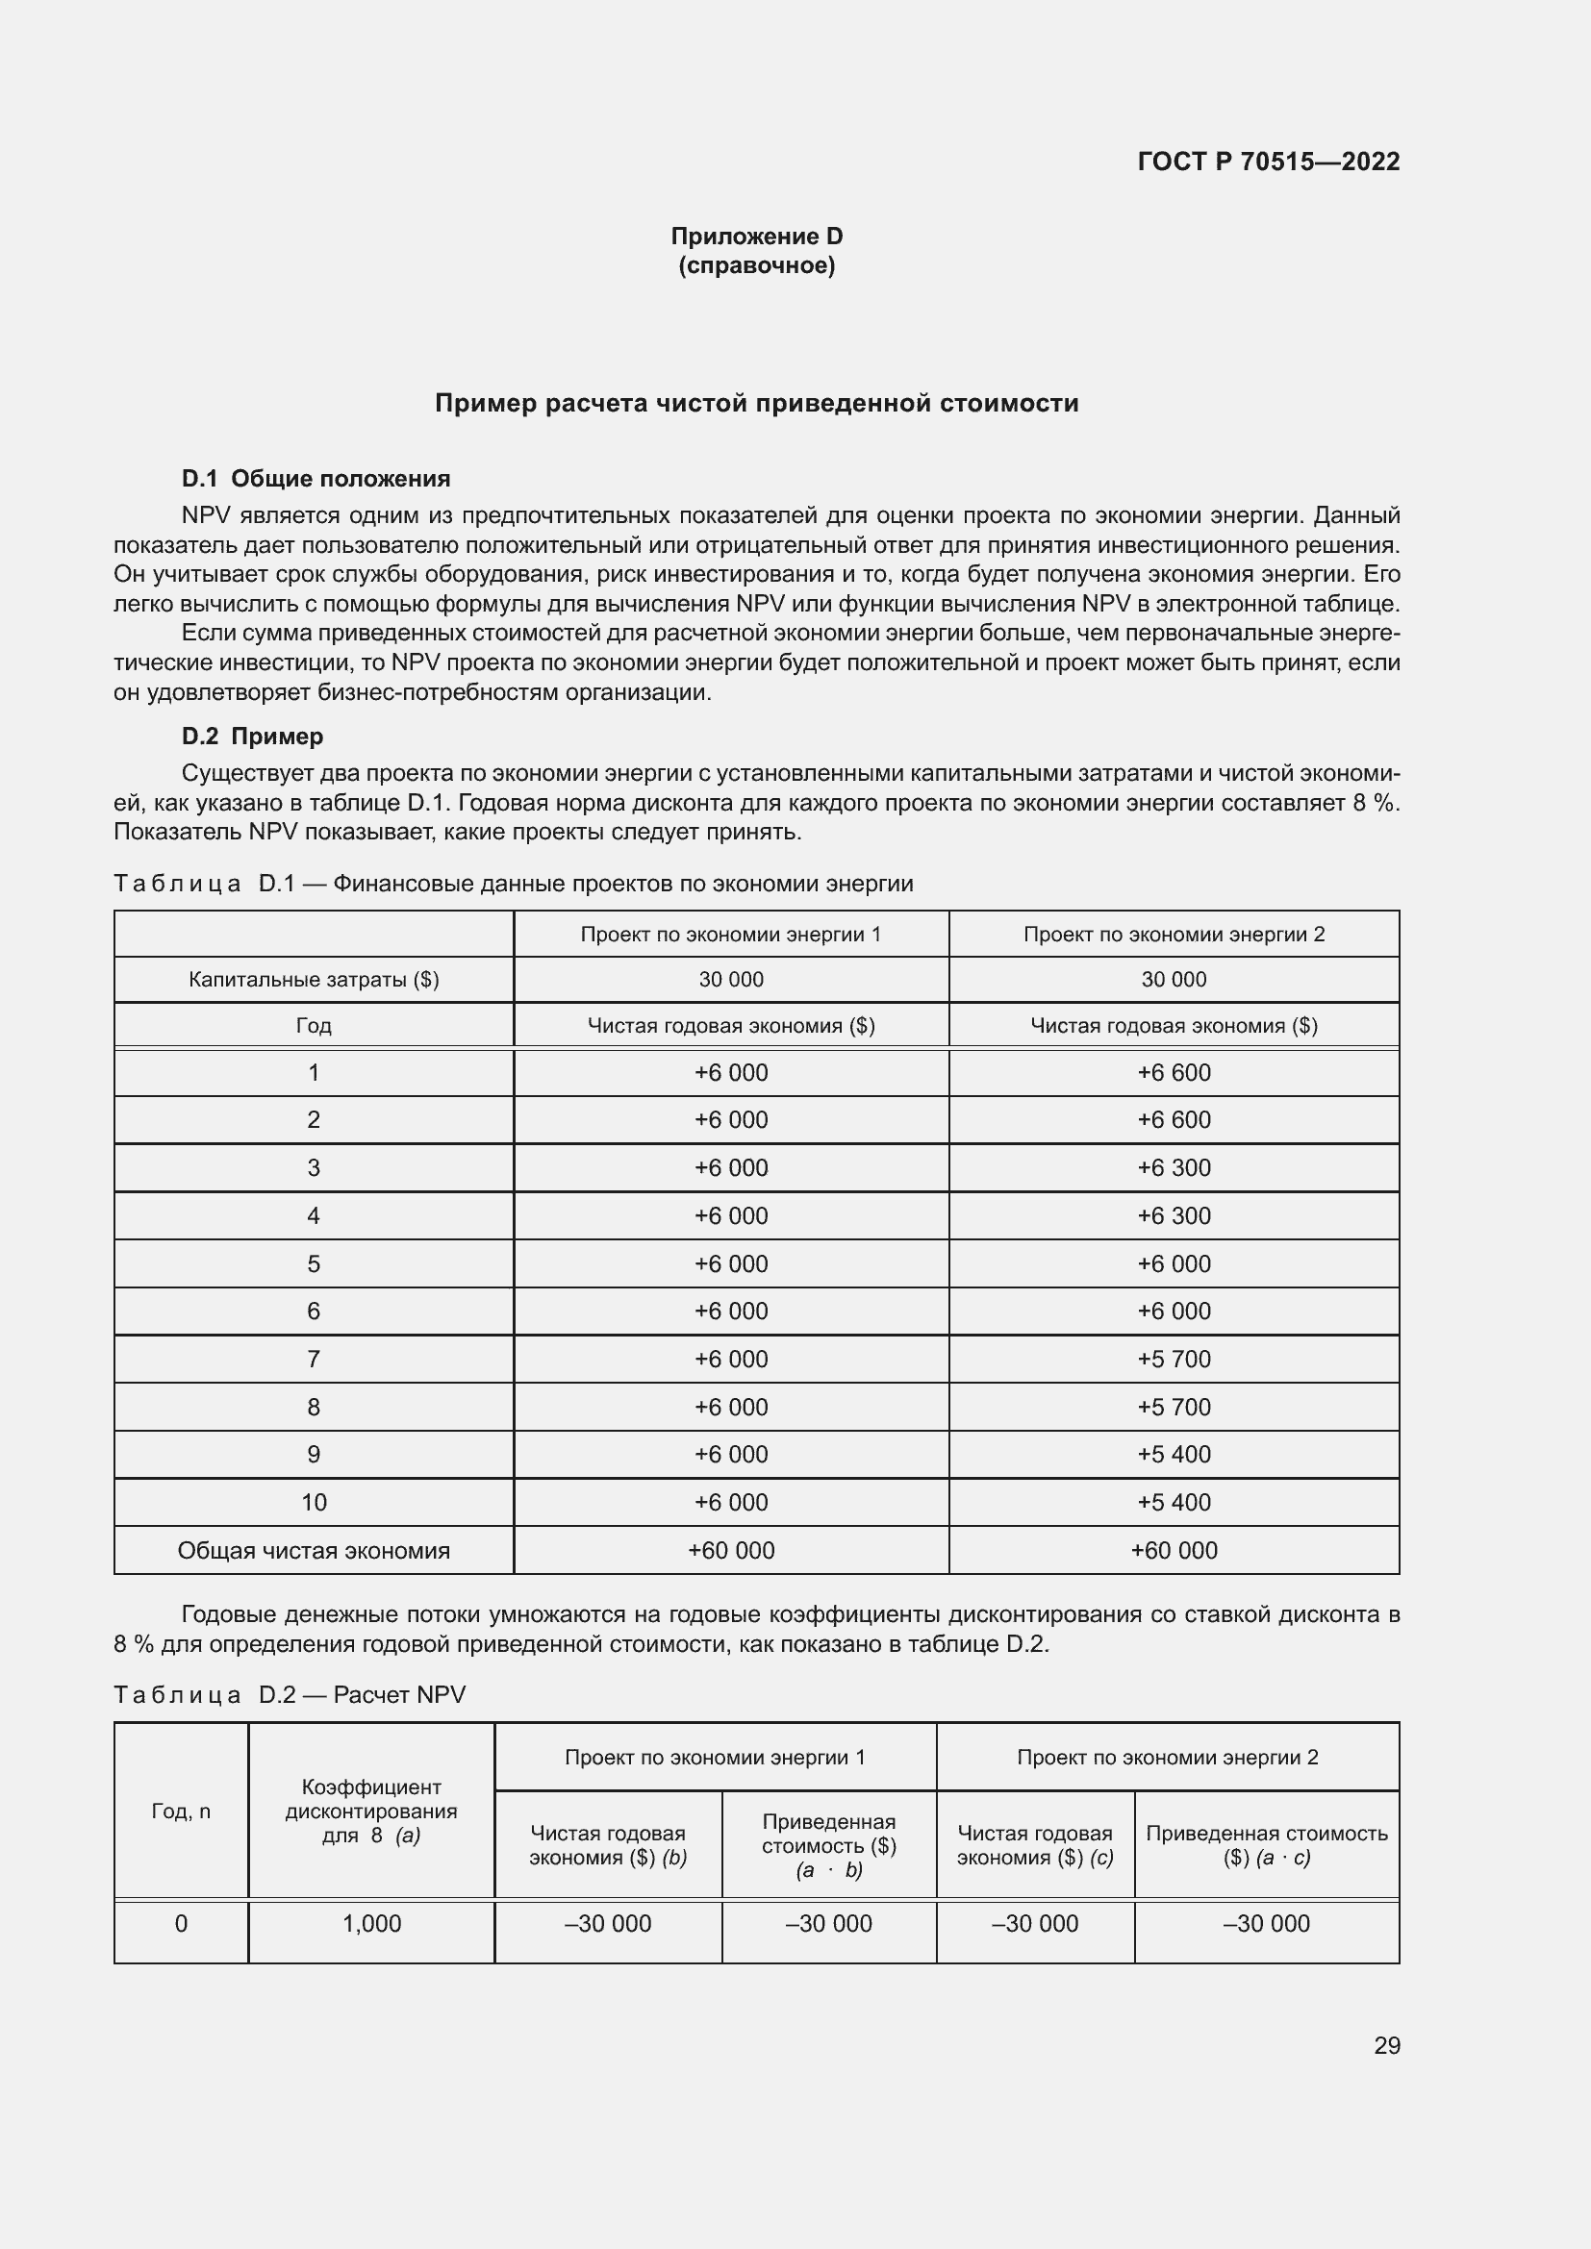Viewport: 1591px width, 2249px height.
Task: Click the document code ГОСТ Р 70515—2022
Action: tap(1268, 162)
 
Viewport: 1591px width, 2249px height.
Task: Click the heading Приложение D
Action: tap(756, 237)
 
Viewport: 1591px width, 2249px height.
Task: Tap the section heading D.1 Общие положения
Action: tap(316, 478)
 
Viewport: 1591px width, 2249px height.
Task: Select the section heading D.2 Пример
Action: tap(252, 736)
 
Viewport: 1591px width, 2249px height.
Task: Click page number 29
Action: tap(1386, 2045)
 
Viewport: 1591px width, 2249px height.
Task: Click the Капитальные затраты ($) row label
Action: tap(314, 980)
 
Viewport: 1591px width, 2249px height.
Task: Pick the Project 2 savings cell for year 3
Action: tap(1173, 1167)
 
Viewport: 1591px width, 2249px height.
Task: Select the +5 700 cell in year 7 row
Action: tap(1173, 1359)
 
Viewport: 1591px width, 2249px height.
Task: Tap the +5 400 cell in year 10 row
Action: tap(1173, 1502)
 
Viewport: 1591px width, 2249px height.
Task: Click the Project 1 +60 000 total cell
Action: tap(731, 1550)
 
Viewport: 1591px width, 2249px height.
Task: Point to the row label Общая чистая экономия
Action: tap(314, 1550)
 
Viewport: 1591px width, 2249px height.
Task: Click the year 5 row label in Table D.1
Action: tap(314, 1263)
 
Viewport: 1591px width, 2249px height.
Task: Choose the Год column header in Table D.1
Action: tap(314, 1026)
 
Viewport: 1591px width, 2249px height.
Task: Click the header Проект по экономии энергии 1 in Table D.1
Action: tap(731, 934)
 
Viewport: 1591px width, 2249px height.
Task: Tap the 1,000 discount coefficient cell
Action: tap(371, 1923)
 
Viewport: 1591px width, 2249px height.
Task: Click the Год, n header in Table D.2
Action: tap(181, 1812)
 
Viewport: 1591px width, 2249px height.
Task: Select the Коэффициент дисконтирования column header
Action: tap(371, 1812)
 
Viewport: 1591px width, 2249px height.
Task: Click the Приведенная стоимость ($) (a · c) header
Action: tap(1266, 1844)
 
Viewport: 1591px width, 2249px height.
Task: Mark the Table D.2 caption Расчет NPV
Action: tap(399, 1694)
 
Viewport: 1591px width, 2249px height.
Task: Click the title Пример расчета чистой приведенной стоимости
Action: tap(756, 404)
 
